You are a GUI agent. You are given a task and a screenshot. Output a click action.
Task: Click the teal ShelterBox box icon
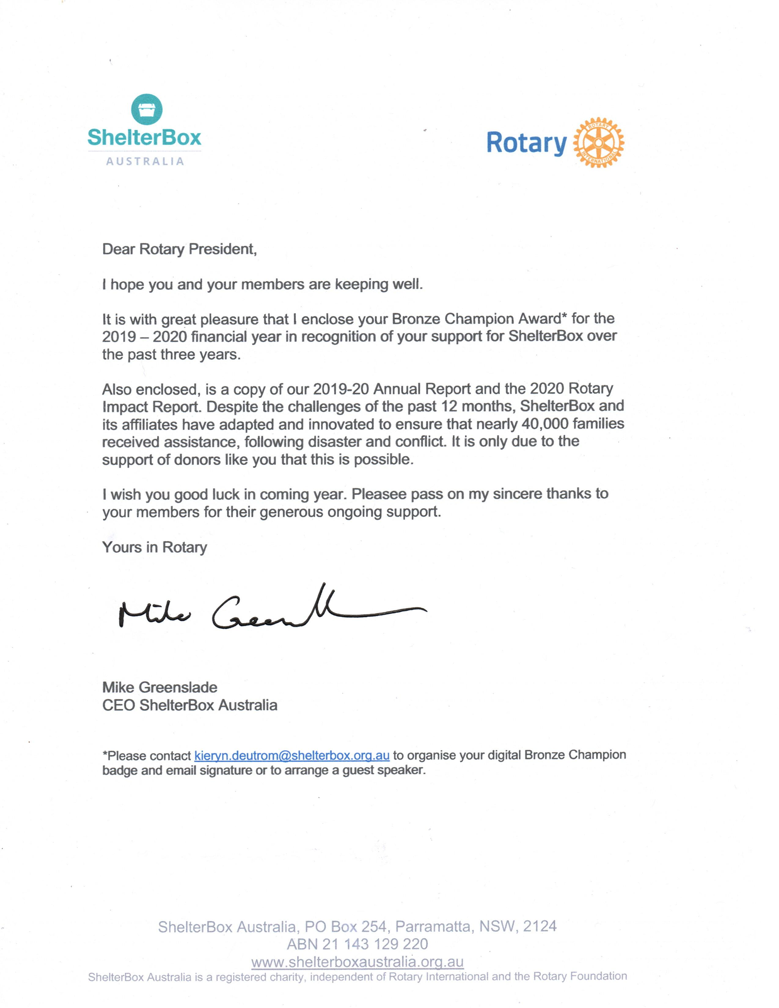click(147, 109)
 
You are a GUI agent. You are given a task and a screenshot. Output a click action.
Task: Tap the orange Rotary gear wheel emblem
click(598, 143)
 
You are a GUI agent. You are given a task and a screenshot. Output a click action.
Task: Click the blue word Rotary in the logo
click(526, 143)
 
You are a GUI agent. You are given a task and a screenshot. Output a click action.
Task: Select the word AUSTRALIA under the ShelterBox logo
click(145, 161)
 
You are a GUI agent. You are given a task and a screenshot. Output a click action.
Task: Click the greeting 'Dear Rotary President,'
click(179, 249)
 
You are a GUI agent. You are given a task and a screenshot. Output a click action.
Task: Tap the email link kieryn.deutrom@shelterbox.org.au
click(292, 755)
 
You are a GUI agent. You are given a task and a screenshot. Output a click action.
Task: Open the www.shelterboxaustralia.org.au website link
click(357, 962)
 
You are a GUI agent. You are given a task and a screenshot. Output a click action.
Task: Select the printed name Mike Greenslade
click(159, 687)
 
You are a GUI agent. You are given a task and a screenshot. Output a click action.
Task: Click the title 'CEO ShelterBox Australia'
click(189, 705)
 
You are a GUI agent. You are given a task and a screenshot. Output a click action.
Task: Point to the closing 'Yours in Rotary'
click(154, 547)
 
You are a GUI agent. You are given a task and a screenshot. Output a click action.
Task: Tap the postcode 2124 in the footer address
click(540, 926)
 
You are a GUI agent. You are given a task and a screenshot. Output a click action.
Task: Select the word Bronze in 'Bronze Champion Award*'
click(415, 319)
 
